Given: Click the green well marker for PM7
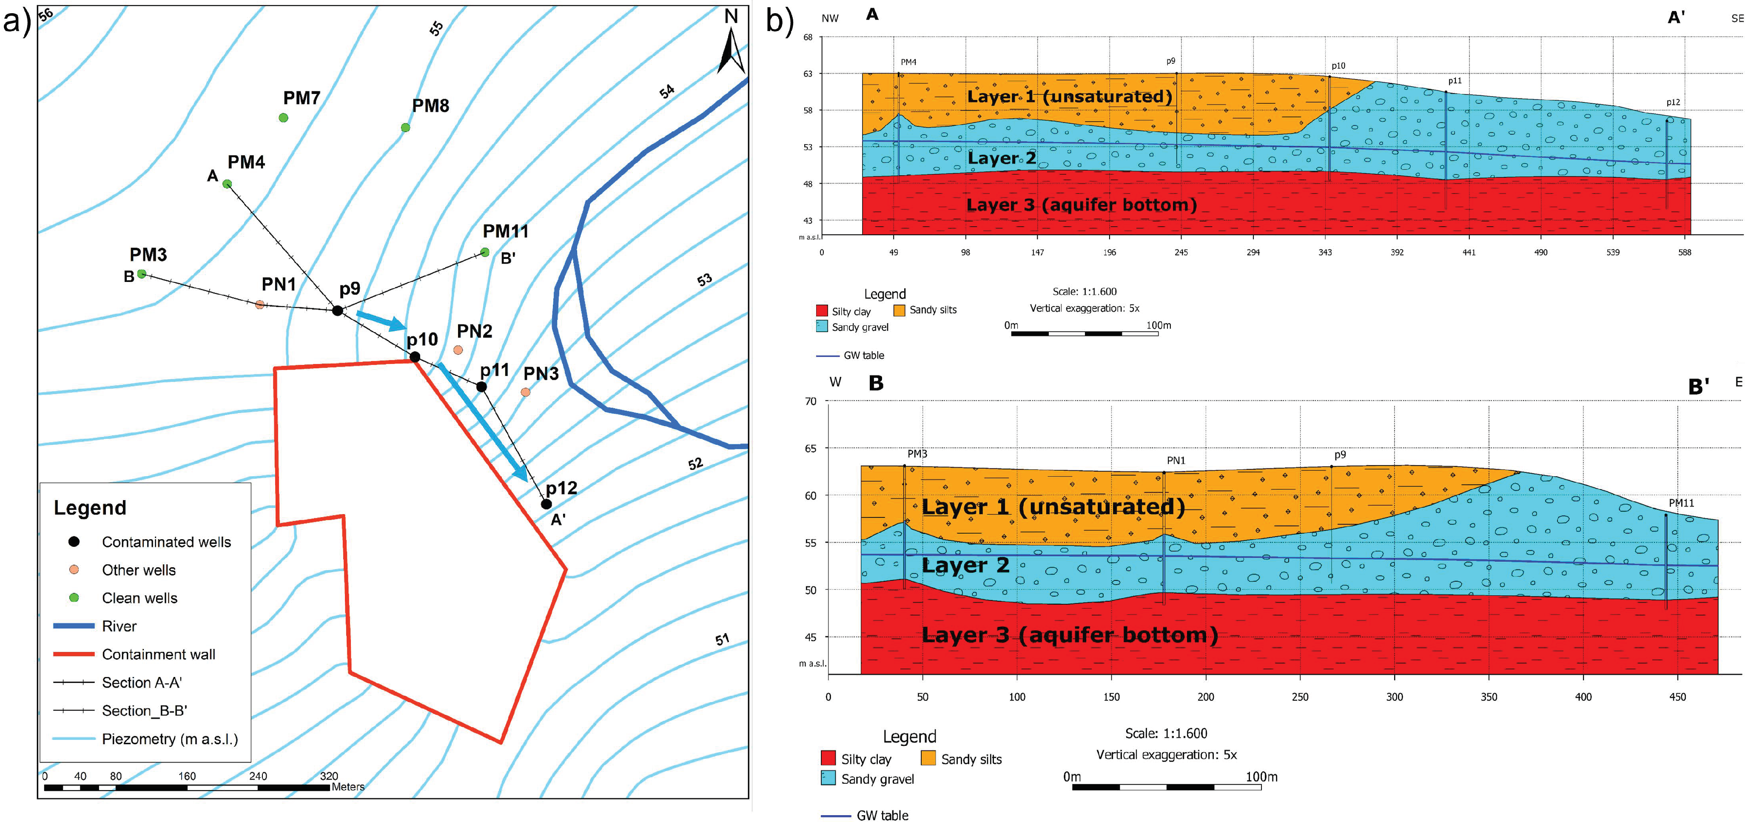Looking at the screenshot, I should click(x=283, y=118).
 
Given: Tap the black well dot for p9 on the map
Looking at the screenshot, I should click(x=337, y=311).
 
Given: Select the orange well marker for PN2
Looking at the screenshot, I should click(x=458, y=350).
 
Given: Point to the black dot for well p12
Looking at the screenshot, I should click(x=546, y=504).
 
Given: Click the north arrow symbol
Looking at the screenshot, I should click(x=732, y=47).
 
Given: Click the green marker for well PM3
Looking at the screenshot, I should click(x=142, y=273).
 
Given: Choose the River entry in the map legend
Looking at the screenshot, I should click(x=119, y=626).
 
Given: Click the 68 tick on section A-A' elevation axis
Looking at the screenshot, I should click(x=808, y=37).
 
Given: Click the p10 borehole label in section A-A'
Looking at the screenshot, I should click(x=1338, y=65).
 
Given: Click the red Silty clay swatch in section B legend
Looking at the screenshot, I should click(x=828, y=758).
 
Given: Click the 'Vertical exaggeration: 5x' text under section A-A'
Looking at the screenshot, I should click(x=1085, y=308).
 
